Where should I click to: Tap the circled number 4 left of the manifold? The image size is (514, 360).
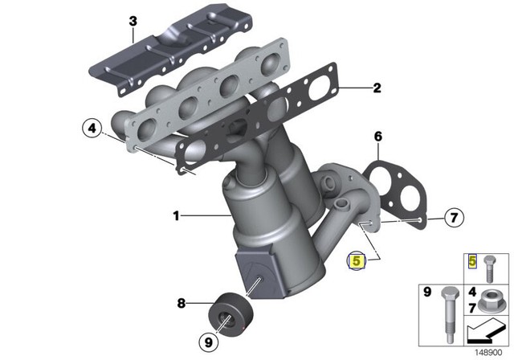[92, 128]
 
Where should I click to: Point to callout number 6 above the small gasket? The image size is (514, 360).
[377, 137]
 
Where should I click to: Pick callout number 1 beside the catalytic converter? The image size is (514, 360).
[176, 215]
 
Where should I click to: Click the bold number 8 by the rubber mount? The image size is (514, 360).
[182, 303]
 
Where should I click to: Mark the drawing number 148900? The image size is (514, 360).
[492, 351]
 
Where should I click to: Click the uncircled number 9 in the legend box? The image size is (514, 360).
[427, 290]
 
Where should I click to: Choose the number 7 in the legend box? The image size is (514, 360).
[472, 309]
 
